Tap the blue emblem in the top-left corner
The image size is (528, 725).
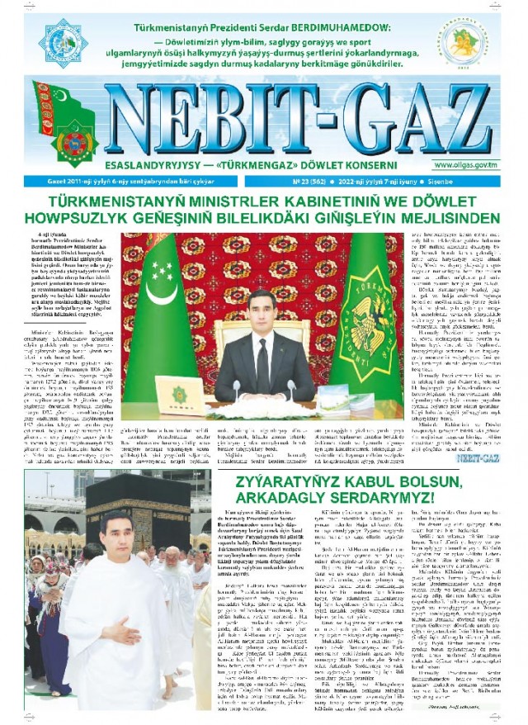click(x=63, y=43)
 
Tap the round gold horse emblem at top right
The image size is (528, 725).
click(x=461, y=45)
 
